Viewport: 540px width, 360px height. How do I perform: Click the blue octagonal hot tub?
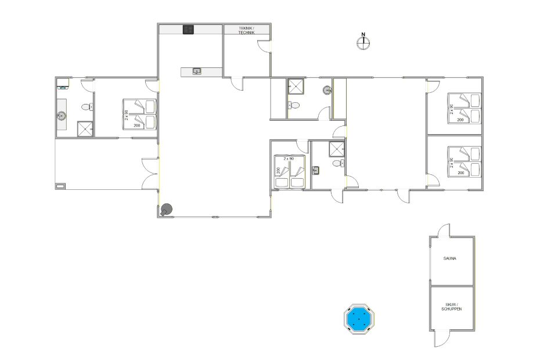(x=359, y=319)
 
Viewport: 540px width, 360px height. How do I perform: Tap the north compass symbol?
(x=363, y=42)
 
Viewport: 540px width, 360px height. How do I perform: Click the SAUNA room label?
(x=450, y=258)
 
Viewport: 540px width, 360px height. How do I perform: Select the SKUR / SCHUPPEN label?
(x=452, y=307)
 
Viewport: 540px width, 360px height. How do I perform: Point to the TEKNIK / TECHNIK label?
(x=247, y=30)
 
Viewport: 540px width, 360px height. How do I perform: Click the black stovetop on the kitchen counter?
(x=188, y=30)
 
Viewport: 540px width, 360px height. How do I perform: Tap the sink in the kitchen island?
(x=197, y=71)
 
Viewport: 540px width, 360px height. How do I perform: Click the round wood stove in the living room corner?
(x=166, y=210)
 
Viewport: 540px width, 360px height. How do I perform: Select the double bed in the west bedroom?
(x=139, y=114)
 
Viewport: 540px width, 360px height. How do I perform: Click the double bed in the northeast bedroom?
(x=464, y=108)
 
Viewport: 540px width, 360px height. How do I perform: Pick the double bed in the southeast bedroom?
(x=464, y=161)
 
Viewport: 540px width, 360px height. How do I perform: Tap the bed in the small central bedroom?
(x=289, y=171)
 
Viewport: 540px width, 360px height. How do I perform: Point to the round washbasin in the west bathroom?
(x=62, y=116)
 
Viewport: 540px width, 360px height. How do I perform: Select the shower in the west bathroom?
(x=85, y=129)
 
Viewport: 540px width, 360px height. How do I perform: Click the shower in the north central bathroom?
(x=296, y=86)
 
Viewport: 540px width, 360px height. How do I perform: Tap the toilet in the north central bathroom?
(x=294, y=105)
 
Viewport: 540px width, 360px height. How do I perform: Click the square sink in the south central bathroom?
(x=316, y=170)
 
